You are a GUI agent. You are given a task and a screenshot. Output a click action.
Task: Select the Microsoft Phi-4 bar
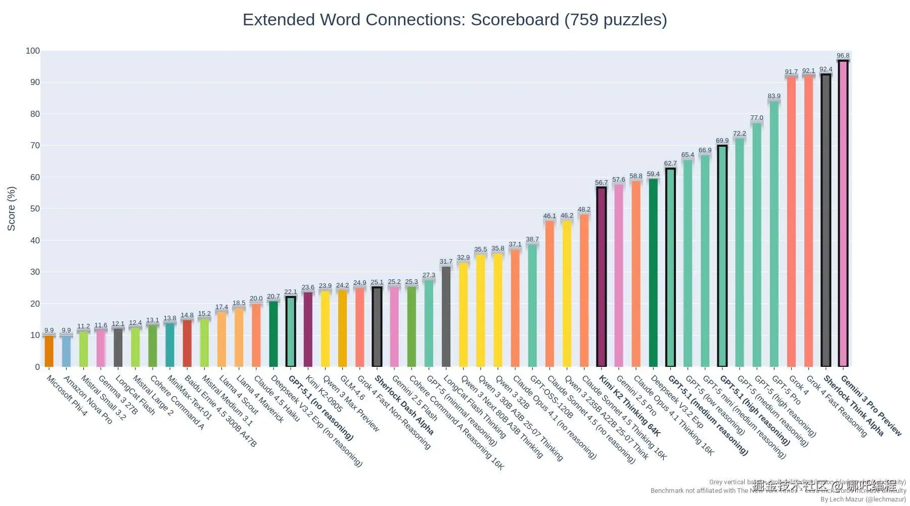pyautogui.click(x=49, y=351)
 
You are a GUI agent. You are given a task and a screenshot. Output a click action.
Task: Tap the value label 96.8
pyautogui.click(x=843, y=56)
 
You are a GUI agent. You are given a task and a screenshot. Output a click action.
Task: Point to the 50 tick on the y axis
pyautogui.click(x=34, y=209)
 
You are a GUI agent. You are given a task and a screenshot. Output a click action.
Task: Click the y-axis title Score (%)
pyautogui.click(x=12, y=208)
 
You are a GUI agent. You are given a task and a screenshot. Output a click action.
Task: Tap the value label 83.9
pyautogui.click(x=774, y=96)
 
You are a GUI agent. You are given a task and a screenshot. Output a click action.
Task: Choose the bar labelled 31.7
pyautogui.click(x=446, y=317)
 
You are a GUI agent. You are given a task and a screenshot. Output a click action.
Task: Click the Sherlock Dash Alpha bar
pyautogui.click(x=377, y=327)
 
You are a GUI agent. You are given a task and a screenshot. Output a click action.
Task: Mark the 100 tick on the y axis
pyautogui.click(x=33, y=51)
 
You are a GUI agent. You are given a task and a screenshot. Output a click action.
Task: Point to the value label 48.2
pyautogui.click(x=584, y=209)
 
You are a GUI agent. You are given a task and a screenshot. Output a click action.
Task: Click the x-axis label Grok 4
pyautogui.click(x=798, y=385)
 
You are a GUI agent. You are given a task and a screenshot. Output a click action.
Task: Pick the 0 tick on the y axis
pyautogui.click(x=37, y=367)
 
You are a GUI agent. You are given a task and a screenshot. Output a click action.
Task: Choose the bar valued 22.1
pyautogui.click(x=291, y=331)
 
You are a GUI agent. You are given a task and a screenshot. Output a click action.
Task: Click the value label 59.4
pyautogui.click(x=653, y=174)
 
